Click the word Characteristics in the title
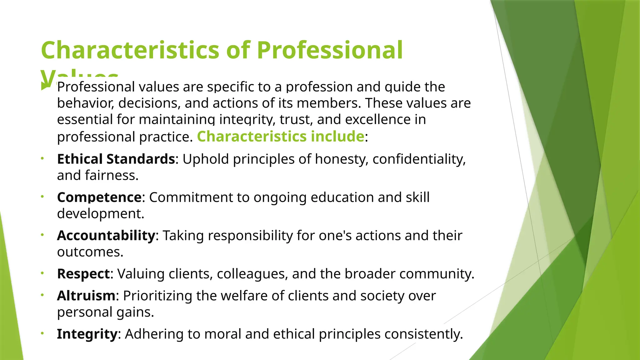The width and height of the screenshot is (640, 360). point(130,50)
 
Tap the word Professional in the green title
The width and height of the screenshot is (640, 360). point(330,50)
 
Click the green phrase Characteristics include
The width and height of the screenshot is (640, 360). point(280,137)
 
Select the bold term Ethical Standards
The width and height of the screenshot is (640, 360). point(116,159)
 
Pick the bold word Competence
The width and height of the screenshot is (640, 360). point(99,197)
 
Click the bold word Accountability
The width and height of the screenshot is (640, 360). point(106,236)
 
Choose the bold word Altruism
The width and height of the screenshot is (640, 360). point(86,296)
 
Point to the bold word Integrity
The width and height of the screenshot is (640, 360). point(87,334)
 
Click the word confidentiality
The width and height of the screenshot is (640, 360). point(419,159)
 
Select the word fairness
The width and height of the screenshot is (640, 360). point(111,175)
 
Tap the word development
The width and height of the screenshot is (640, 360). point(100,214)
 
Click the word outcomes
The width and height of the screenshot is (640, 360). point(90,252)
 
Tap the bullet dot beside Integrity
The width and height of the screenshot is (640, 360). point(42,333)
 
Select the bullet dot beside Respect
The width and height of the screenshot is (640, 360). point(42,273)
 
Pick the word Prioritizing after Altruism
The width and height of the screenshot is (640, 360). point(157,296)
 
